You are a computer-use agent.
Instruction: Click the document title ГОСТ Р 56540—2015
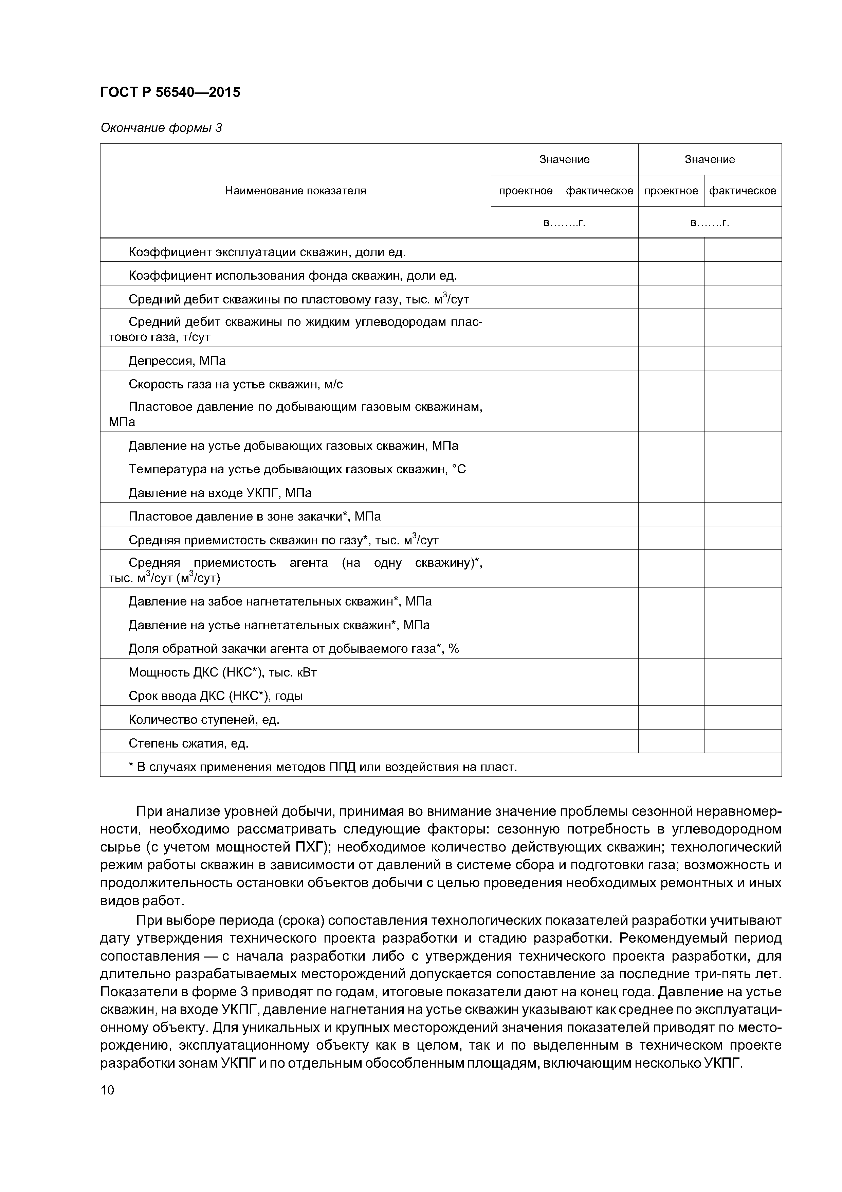tap(170, 92)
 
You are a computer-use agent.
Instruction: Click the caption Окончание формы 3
tap(161, 128)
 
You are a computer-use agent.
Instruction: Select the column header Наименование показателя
tap(295, 191)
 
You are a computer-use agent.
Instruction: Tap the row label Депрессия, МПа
tap(177, 360)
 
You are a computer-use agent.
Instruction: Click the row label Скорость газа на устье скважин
tap(236, 384)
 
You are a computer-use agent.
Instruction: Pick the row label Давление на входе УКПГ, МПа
tap(220, 493)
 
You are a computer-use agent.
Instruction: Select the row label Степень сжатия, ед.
tap(188, 743)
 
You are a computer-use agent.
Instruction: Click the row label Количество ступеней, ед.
tap(204, 720)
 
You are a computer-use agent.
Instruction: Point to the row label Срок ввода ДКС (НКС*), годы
tap(215, 696)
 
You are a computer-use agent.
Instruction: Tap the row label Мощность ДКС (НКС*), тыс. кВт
tap(223, 672)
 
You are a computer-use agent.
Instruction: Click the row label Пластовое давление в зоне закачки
tap(254, 516)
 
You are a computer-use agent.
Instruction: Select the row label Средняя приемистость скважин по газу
tap(283, 541)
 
